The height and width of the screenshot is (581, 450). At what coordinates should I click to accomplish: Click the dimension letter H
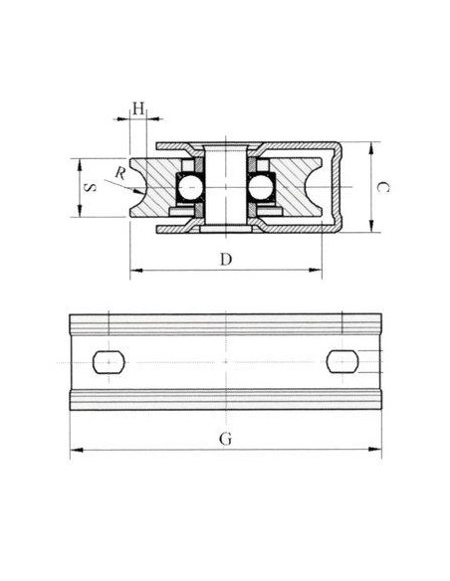(138, 109)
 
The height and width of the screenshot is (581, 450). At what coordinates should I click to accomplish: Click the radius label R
(119, 173)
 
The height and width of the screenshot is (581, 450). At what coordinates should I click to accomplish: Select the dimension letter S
(90, 187)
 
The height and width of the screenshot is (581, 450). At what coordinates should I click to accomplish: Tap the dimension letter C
(382, 187)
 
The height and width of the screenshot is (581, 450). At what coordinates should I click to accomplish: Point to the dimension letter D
(226, 260)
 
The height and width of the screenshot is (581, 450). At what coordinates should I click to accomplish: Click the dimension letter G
(225, 439)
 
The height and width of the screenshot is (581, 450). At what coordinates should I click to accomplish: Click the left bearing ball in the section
(190, 188)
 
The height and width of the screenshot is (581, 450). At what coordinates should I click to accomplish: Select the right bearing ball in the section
(261, 188)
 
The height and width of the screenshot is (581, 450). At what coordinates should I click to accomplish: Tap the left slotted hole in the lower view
(109, 362)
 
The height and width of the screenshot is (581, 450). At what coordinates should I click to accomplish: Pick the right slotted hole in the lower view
(342, 361)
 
